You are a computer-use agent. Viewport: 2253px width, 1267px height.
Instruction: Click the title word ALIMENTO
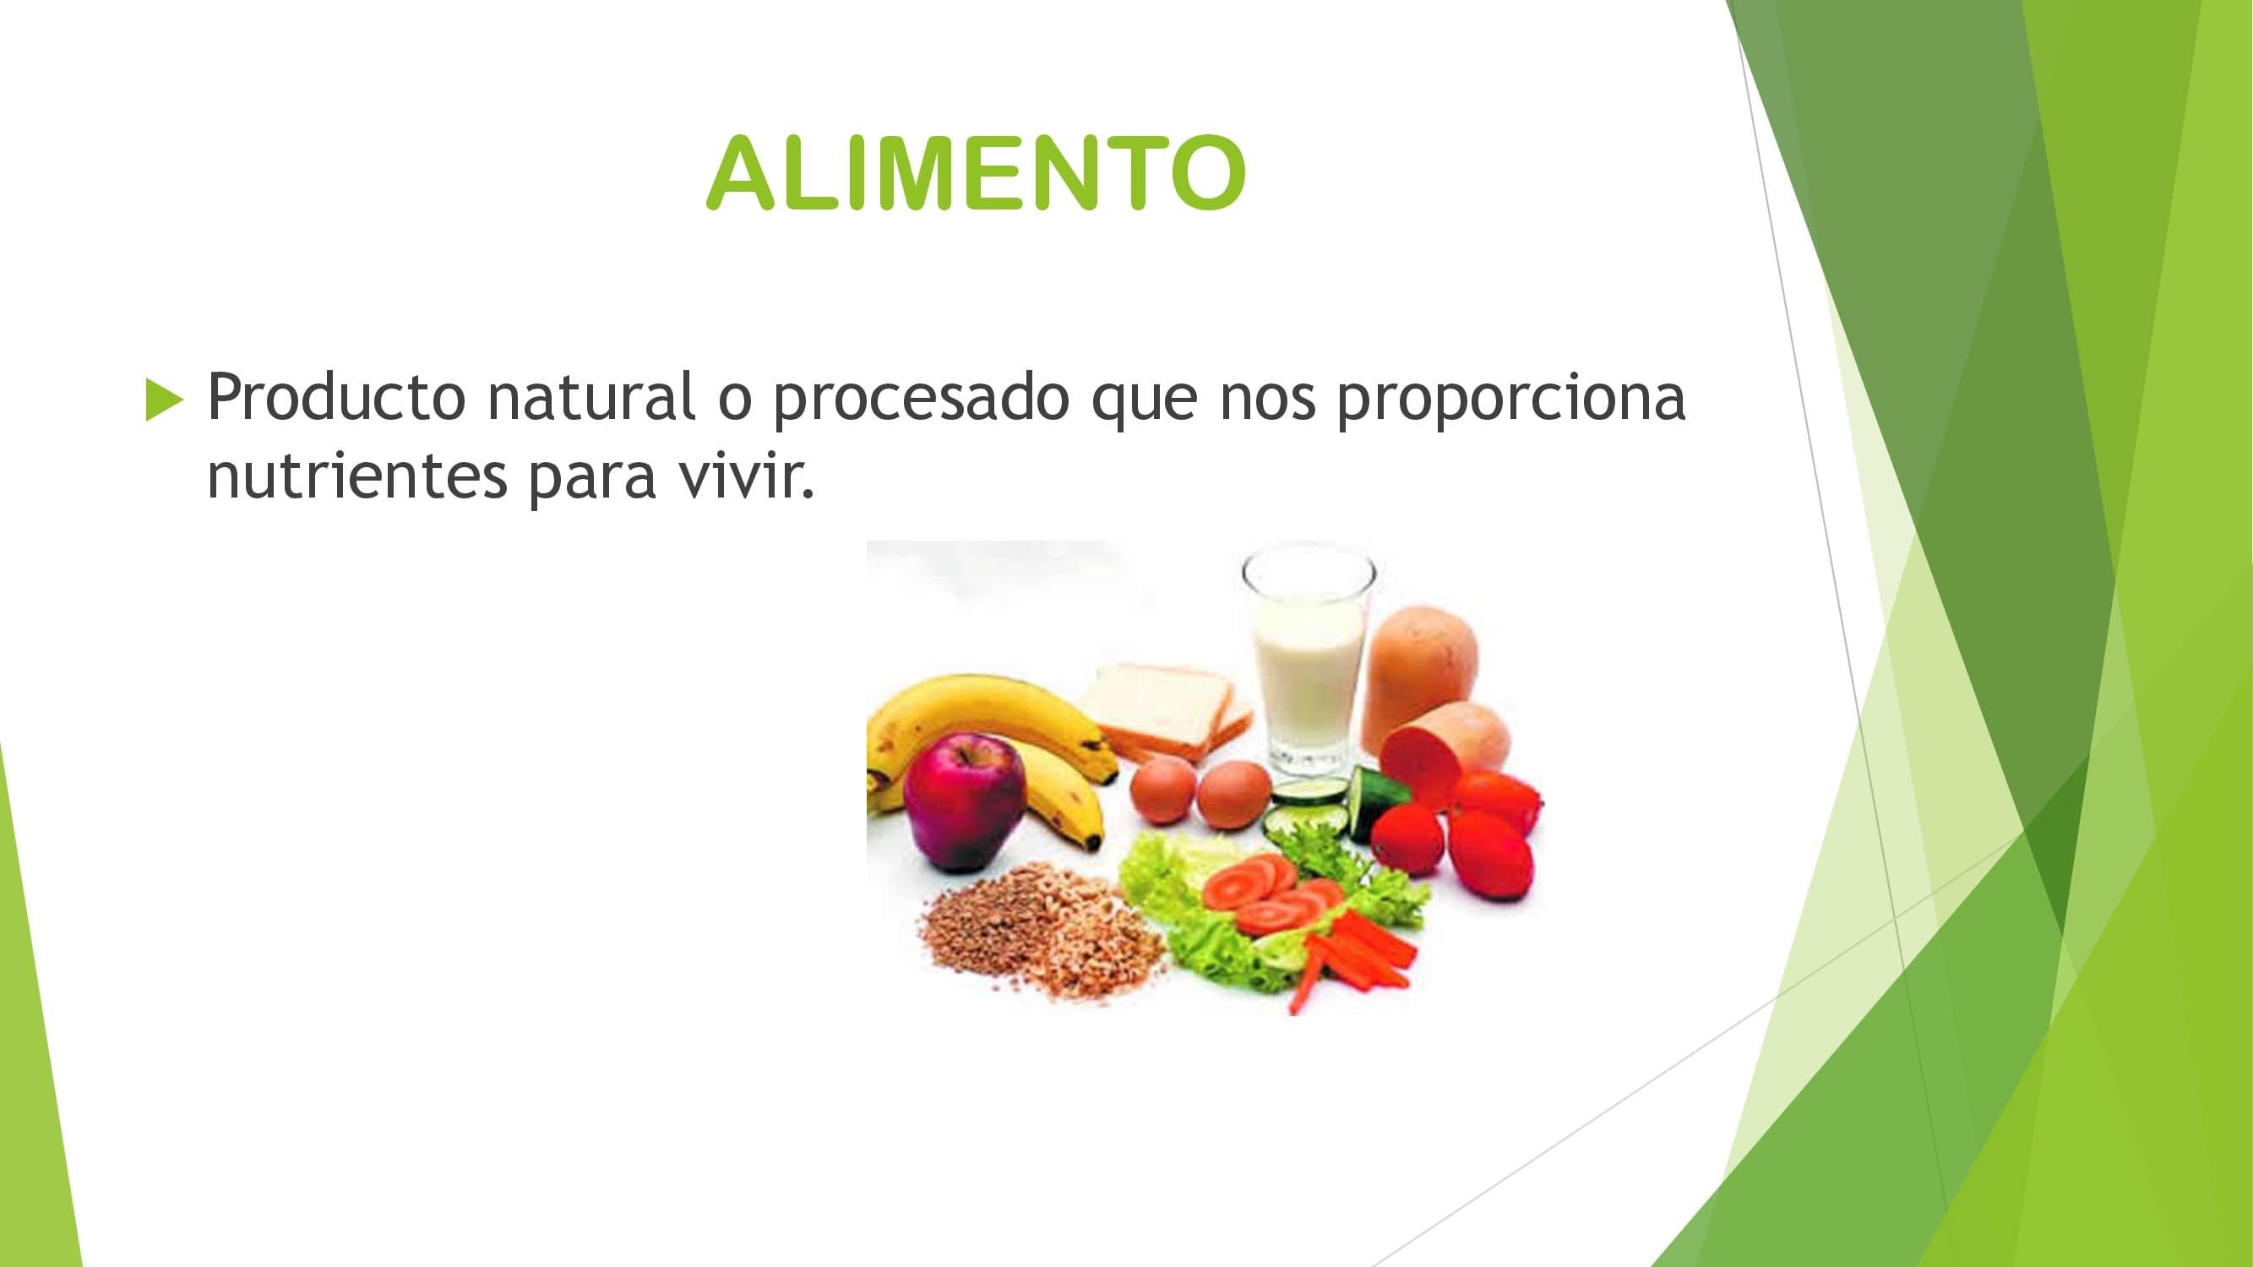pos(976,173)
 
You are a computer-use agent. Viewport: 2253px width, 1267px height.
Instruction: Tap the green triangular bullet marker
pos(166,400)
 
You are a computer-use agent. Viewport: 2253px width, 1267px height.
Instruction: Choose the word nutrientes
pos(356,476)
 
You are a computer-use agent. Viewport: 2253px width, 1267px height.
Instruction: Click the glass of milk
pos(1308,667)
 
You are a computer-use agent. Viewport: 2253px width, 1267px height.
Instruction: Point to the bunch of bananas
pos(993,752)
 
